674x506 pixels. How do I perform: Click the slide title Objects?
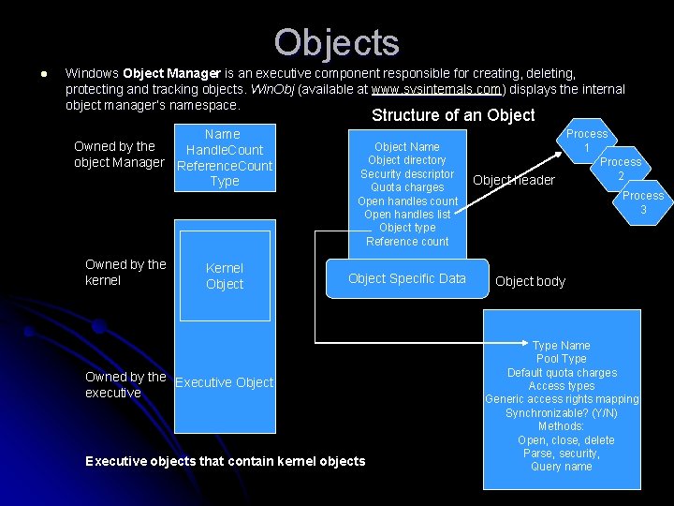[x=337, y=42]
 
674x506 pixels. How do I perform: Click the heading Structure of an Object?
[x=453, y=115]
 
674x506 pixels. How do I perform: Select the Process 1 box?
[x=587, y=141]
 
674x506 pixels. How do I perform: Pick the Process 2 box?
[x=621, y=169]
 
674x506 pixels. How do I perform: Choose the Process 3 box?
[x=643, y=202]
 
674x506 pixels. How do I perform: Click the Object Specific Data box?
[x=406, y=278]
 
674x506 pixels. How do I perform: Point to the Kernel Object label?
[x=225, y=276]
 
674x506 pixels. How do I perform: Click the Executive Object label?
[x=225, y=382]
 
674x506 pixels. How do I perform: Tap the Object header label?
[x=514, y=180]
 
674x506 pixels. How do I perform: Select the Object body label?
[x=530, y=281]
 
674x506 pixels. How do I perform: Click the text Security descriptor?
[x=406, y=174]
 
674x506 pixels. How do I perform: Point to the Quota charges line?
[x=406, y=187]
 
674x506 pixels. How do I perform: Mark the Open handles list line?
[x=406, y=215]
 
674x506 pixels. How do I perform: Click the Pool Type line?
[x=562, y=359]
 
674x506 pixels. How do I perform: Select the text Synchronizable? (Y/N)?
[x=562, y=413]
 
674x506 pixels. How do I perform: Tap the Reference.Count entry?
[x=225, y=166]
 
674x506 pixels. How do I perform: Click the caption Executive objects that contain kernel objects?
[x=225, y=461]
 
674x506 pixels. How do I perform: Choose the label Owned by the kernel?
[x=125, y=272]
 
